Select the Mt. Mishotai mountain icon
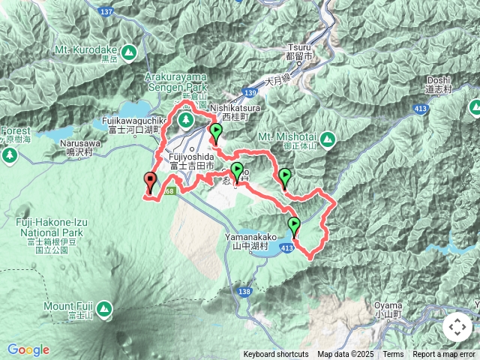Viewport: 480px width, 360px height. [x=327, y=139]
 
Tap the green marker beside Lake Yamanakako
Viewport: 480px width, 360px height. [x=294, y=226]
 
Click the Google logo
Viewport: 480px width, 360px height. [x=28, y=349]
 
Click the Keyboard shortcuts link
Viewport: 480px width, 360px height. [x=275, y=355]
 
